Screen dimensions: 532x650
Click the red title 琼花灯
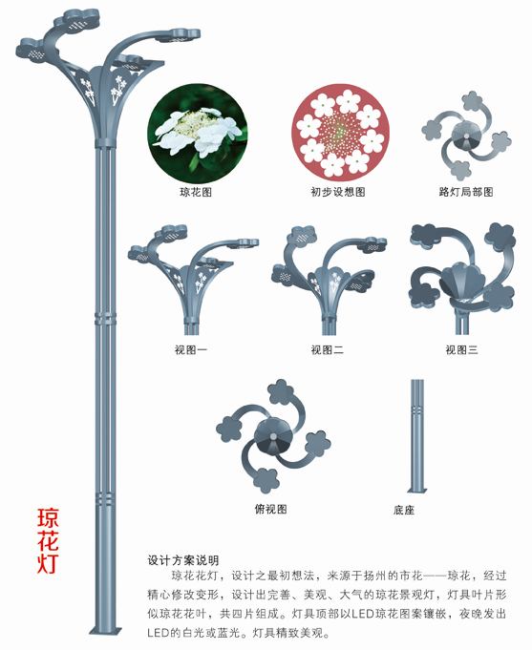coord(48,540)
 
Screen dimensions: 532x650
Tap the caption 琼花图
coord(196,192)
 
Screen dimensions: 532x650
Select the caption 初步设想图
coord(338,192)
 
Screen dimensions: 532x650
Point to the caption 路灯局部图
coord(466,192)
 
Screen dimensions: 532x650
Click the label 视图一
coord(190,350)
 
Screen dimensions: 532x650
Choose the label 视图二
coord(327,350)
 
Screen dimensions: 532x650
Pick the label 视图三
coord(461,350)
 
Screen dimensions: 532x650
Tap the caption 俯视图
coord(270,509)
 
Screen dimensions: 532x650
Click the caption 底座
coord(404,510)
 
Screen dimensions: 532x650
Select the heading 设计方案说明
coord(183,560)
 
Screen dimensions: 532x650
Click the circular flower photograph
coord(198,134)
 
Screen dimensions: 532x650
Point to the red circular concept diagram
coord(340,133)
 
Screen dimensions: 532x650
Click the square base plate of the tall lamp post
coord(106,631)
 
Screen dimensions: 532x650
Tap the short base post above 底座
coord(417,436)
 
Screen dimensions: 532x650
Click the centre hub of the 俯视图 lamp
coord(273,436)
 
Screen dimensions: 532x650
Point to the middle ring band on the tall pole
coord(105,319)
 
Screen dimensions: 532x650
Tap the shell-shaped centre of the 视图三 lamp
coord(462,281)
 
